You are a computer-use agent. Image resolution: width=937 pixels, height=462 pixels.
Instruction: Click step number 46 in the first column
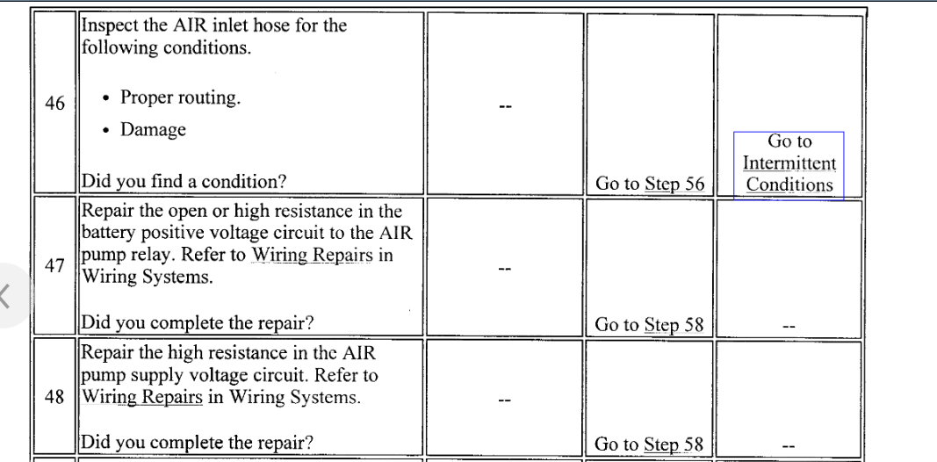click(54, 105)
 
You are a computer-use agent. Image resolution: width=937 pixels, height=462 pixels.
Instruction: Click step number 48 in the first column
click(54, 396)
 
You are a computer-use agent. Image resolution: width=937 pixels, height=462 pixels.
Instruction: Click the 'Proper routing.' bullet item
click(180, 97)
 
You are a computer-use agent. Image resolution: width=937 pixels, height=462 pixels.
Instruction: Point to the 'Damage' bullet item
click(153, 129)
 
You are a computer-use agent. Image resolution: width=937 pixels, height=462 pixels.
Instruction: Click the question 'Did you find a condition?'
click(184, 183)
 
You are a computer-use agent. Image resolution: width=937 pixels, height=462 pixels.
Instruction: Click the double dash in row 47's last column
click(789, 326)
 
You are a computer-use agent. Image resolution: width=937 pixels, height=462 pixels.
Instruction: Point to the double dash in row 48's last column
click(789, 446)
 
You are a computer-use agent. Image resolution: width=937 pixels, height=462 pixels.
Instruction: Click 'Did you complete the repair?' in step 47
click(198, 322)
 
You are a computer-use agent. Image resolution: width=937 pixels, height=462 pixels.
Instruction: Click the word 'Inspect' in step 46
click(110, 25)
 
